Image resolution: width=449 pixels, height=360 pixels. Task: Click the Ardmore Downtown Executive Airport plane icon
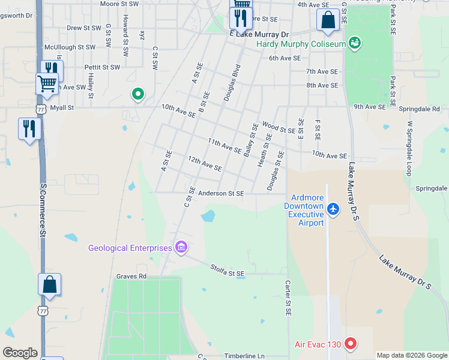coord(334,209)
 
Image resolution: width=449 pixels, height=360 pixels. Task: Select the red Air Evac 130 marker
coord(351,344)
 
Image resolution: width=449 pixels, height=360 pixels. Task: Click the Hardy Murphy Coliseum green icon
coord(355,43)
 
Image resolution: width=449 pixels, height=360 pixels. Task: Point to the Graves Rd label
coord(131,277)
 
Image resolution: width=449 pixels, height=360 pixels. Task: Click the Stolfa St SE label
coord(228,271)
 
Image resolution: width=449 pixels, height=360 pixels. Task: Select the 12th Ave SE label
coord(205,163)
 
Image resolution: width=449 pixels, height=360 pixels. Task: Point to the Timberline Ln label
coord(244,356)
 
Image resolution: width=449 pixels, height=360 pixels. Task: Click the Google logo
coord(20,352)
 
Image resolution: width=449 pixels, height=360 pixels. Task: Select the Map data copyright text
coord(411,355)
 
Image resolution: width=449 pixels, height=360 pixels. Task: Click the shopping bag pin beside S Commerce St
coord(49,285)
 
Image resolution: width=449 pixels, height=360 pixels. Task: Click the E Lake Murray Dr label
coord(259,35)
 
